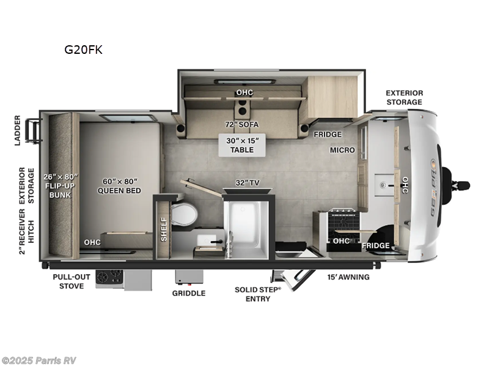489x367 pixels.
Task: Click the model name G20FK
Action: pyautogui.click(x=84, y=50)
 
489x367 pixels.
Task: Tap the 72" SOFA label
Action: pyautogui.click(x=241, y=124)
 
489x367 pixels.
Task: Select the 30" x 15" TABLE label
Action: pyautogui.click(x=243, y=145)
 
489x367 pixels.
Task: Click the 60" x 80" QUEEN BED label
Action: pyautogui.click(x=119, y=186)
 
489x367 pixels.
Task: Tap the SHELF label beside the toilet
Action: pyautogui.click(x=163, y=229)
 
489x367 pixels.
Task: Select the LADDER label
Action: pyautogui.click(x=18, y=130)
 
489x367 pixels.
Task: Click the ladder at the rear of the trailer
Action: pyautogui.click(x=34, y=130)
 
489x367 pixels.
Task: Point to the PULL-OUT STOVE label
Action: pyautogui.click(x=72, y=281)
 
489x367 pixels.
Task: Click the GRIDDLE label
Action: pyautogui.click(x=189, y=293)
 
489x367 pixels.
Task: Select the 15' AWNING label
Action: pyautogui.click(x=347, y=277)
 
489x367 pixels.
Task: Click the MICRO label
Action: pyautogui.click(x=343, y=150)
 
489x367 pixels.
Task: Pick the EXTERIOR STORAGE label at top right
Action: pyautogui.click(x=403, y=97)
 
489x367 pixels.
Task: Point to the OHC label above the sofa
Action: pyautogui.click(x=244, y=93)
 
